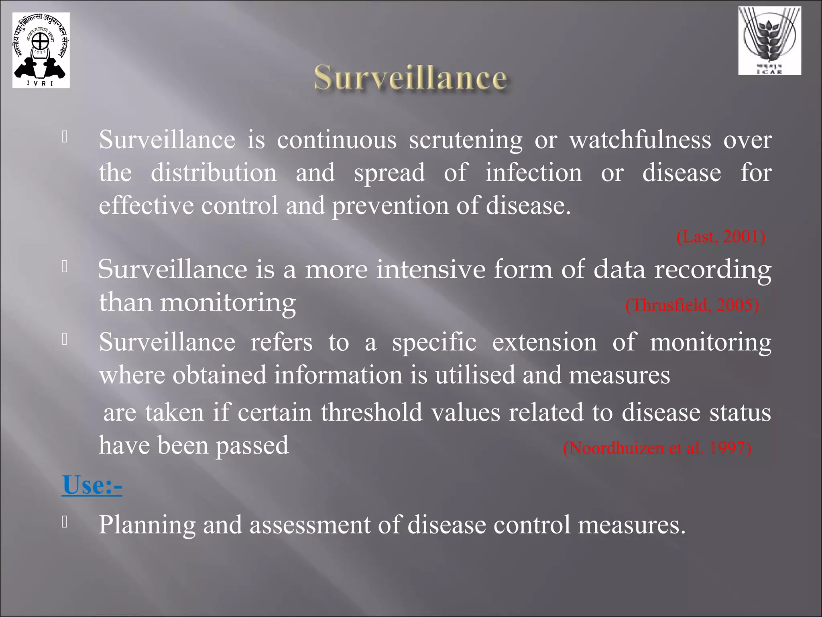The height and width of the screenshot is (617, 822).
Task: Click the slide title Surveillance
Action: click(x=410, y=78)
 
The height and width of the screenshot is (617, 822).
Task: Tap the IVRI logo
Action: click(x=41, y=50)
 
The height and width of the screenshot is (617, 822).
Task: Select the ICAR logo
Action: click(x=769, y=41)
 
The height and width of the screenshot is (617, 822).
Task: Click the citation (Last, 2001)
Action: click(x=721, y=237)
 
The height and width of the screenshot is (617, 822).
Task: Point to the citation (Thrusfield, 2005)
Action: click(x=692, y=305)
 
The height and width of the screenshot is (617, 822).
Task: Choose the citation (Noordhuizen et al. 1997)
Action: click(x=657, y=447)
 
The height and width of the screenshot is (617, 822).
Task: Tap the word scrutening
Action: click(x=466, y=141)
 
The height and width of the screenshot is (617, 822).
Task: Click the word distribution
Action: click(x=214, y=173)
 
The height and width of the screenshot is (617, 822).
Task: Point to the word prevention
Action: click(x=390, y=206)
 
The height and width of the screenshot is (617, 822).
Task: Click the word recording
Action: click(x=713, y=270)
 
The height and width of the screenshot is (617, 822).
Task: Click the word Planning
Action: click(x=147, y=525)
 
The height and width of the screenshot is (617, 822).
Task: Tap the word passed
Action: click(x=252, y=446)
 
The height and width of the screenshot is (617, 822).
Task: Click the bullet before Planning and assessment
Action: click(x=65, y=522)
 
